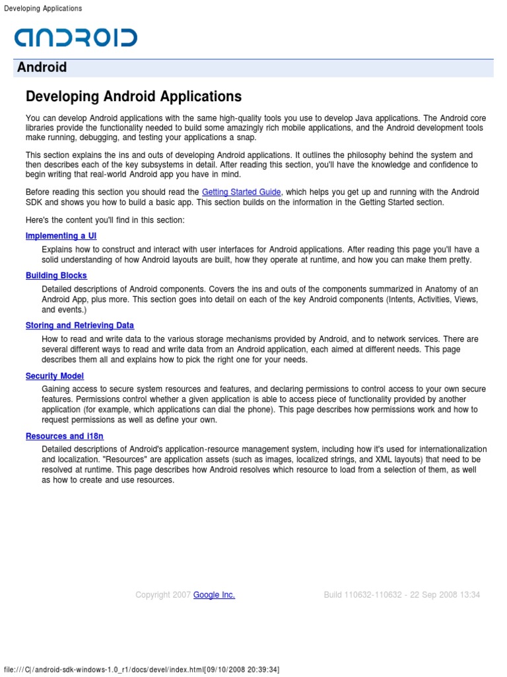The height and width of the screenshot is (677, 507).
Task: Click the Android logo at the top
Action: [x=76, y=37]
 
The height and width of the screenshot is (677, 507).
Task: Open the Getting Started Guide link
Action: [x=242, y=192]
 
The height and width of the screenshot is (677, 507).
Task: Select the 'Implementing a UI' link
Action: [x=61, y=236]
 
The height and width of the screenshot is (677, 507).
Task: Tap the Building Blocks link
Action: [x=56, y=276]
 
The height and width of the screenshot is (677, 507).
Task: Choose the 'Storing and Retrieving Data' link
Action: [x=80, y=325]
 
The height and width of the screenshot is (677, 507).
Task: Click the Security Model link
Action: [x=55, y=376]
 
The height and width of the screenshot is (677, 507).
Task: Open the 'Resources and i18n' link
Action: [x=65, y=436]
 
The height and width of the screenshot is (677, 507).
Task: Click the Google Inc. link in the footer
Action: [x=214, y=595]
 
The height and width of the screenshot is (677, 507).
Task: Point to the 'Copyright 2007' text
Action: [x=163, y=595]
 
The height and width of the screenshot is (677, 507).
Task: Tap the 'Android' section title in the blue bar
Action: [x=42, y=67]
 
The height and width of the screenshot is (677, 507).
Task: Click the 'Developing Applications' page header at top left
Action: [x=43, y=9]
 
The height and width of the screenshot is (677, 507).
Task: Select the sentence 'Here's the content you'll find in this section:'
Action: [x=105, y=219]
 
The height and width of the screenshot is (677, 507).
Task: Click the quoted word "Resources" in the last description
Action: [x=77, y=459]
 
